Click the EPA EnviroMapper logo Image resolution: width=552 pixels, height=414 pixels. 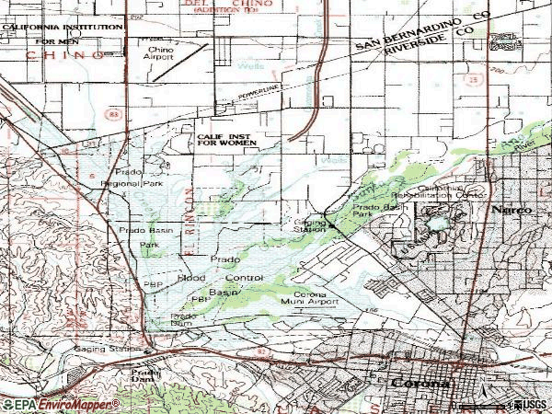tap(55, 404)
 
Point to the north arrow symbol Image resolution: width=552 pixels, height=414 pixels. tap(501, 40)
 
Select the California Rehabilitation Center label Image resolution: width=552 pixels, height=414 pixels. tap(453, 190)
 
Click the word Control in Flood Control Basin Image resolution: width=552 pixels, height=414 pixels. tap(244, 277)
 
